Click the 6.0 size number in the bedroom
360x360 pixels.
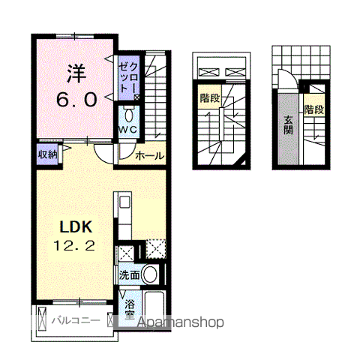click(76, 99)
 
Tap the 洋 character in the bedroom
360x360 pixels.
click(76, 73)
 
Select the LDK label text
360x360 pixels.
click(76, 226)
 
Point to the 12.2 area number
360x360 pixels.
click(74, 245)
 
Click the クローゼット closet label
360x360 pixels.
click(128, 77)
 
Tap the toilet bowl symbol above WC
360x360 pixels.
click(129, 115)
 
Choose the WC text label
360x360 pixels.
click(127, 130)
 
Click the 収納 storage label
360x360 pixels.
click(47, 154)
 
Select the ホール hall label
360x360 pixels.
click(150, 156)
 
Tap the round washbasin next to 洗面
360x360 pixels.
click(150, 274)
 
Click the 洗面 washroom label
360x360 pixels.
click(129, 275)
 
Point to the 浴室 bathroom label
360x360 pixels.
click(130, 310)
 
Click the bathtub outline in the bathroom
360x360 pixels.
click(154, 308)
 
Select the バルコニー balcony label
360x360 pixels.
click(76, 320)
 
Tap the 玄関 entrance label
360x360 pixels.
click(288, 126)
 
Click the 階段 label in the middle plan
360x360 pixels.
click(210, 98)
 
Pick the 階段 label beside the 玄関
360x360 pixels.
click(314, 109)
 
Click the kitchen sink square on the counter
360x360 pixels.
click(124, 202)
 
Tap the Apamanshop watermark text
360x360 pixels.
click(181, 322)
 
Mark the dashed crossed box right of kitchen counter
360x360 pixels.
click(156, 249)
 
